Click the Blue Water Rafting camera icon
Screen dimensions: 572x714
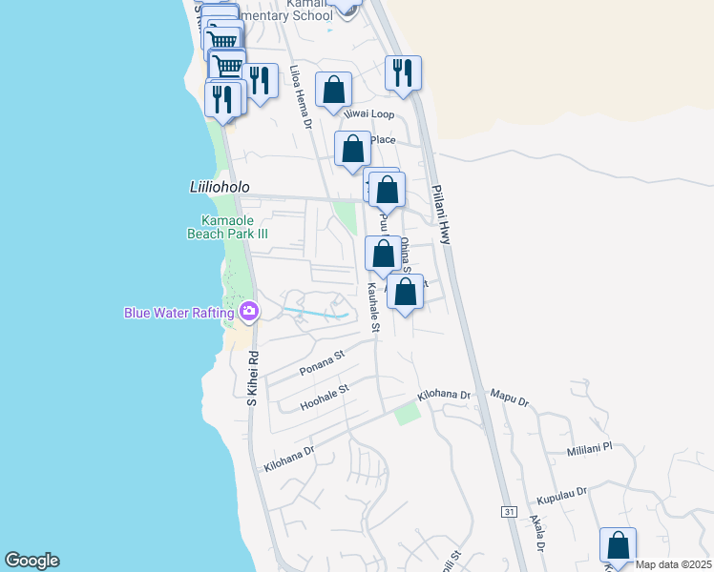[249, 311]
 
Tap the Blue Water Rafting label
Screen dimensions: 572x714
[178, 313]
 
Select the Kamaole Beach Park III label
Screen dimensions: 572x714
[221, 227]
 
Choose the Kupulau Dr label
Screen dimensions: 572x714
[560, 496]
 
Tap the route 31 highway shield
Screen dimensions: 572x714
[509, 512]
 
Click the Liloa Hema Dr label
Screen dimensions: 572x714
[302, 97]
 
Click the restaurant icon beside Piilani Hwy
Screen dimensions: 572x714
[403, 72]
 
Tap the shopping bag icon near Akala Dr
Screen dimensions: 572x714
[618, 545]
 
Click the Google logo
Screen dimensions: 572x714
[31, 561]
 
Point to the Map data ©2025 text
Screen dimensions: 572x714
[674, 564]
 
